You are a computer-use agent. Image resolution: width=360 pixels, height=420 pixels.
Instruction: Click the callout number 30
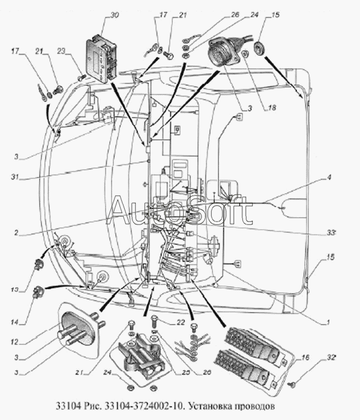click(115, 15)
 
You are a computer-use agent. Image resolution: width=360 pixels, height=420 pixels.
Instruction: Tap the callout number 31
click(15, 177)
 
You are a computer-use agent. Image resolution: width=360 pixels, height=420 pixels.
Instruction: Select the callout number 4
click(329, 178)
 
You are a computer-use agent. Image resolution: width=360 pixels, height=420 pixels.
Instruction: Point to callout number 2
click(16, 233)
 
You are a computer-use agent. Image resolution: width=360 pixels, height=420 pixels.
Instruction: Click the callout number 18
click(272, 107)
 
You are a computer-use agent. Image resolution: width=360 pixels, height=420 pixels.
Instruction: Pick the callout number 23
click(61, 50)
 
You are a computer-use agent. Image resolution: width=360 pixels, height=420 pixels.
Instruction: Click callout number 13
click(15, 290)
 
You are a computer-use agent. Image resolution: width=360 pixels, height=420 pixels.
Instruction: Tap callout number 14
click(15, 322)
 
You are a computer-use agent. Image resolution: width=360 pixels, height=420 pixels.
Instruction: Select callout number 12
click(14, 342)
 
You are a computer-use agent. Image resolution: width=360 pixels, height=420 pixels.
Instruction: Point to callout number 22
click(181, 322)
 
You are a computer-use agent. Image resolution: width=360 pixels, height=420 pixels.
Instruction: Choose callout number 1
click(327, 322)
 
